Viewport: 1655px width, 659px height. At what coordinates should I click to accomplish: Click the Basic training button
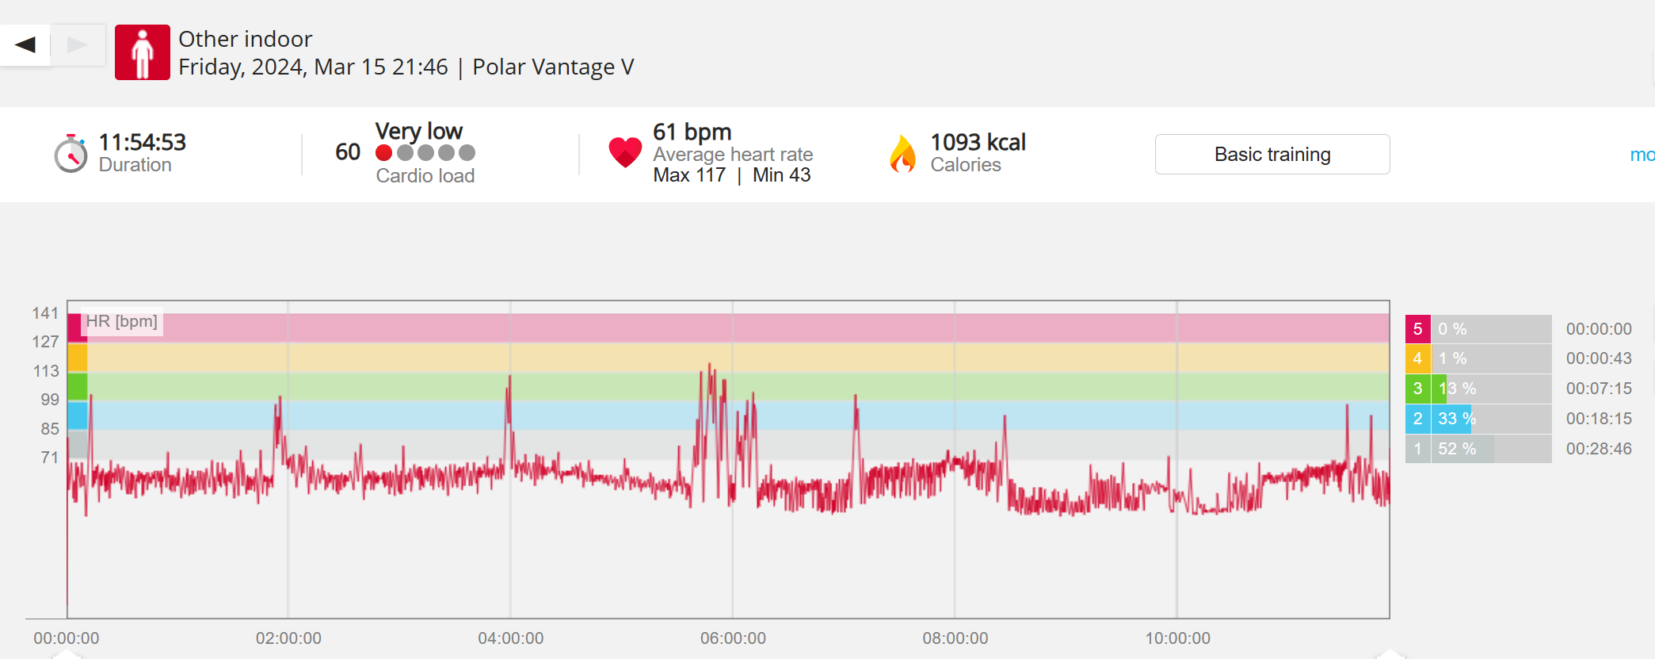(x=1272, y=154)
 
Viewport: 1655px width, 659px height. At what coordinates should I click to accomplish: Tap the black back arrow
(x=25, y=44)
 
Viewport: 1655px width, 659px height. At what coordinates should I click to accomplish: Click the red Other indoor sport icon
(x=143, y=52)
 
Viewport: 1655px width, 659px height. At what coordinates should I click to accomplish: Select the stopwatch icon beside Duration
(x=71, y=153)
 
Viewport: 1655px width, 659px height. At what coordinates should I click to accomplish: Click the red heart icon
(x=625, y=151)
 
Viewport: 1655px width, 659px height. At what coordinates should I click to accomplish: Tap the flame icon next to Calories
(x=902, y=153)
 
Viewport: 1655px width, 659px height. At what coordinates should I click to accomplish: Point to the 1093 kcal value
(x=978, y=142)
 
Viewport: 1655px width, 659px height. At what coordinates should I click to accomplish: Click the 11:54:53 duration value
(x=142, y=142)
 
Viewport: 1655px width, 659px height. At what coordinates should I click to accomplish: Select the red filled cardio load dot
(x=384, y=152)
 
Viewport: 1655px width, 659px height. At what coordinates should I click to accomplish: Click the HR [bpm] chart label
(x=122, y=321)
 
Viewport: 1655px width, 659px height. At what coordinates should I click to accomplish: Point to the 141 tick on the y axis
(x=45, y=313)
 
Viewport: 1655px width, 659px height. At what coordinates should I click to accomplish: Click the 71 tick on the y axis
(x=49, y=457)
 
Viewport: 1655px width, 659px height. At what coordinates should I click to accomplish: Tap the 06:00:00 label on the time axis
(x=733, y=638)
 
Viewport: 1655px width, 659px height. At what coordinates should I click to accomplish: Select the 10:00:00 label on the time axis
(x=1177, y=638)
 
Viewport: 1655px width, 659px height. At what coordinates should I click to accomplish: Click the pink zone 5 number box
(x=1417, y=329)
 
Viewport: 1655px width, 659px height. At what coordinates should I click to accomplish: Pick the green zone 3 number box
(x=1417, y=389)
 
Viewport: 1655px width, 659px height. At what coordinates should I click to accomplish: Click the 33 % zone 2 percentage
(x=1456, y=419)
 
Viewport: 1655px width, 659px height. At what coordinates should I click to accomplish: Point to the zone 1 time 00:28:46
(x=1599, y=449)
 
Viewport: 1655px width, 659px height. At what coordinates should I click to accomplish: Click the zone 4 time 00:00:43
(x=1599, y=358)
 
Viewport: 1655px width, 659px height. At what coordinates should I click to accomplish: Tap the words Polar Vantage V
(x=553, y=67)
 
